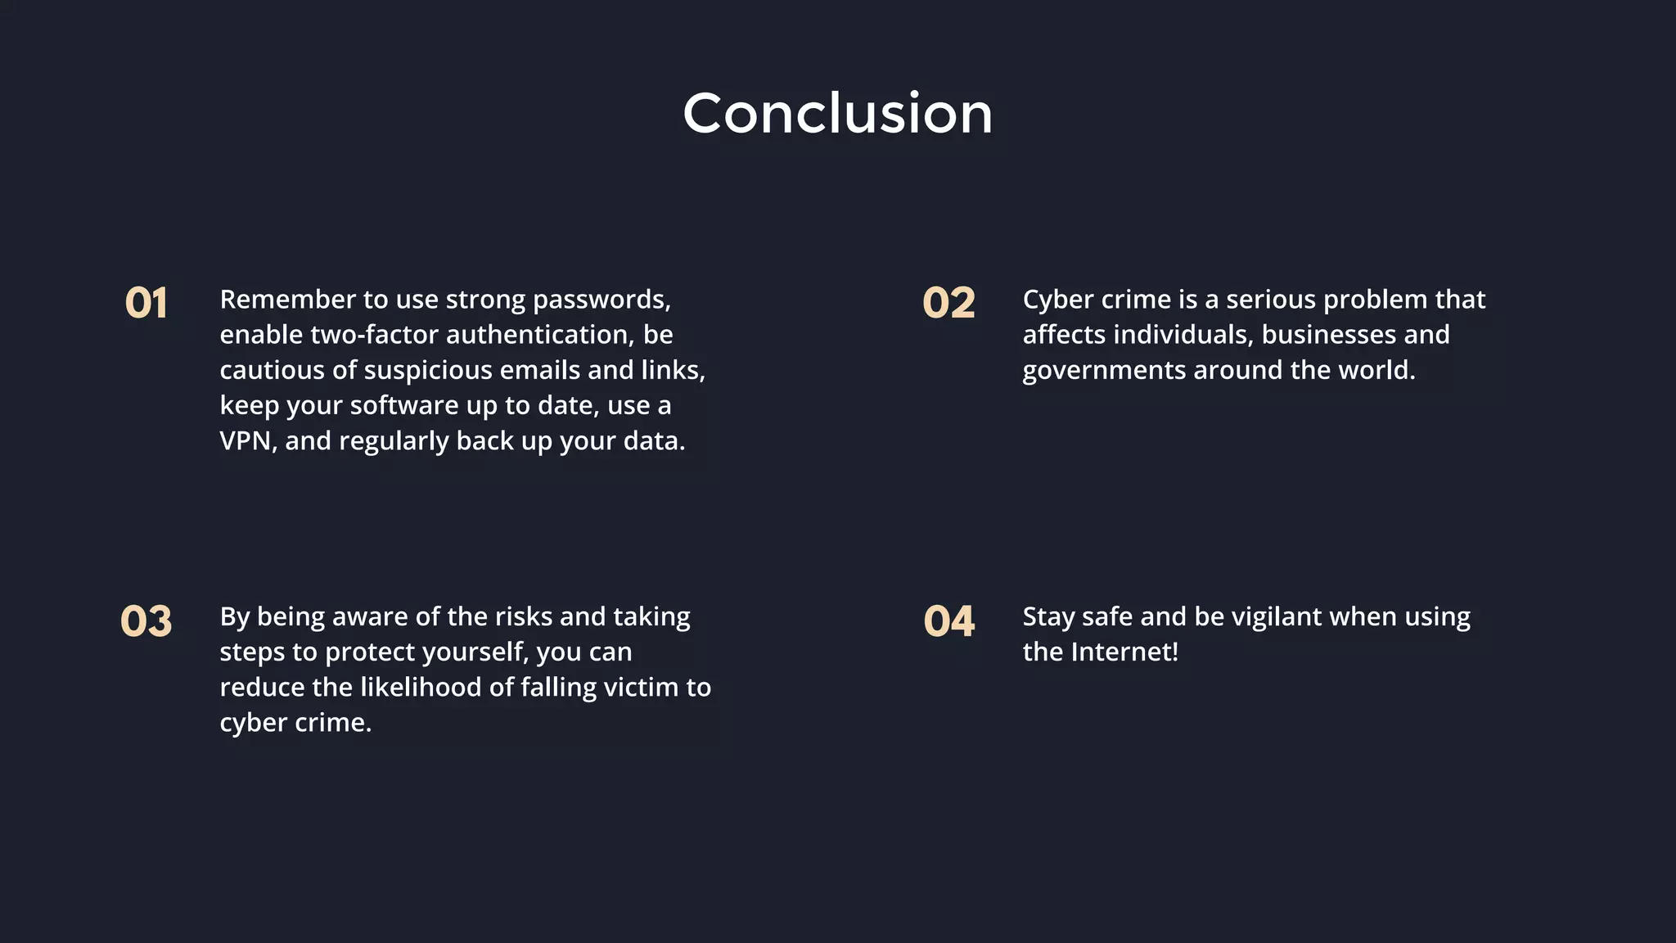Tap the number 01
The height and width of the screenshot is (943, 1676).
(146, 303)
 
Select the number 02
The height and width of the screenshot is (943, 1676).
(948, 303)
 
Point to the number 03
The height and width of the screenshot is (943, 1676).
(146, 620)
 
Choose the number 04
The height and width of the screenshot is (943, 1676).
(948, 620)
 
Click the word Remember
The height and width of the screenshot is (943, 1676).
(276, 300)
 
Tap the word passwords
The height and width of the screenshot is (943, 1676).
(601, 300)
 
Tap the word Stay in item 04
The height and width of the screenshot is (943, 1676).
(1048, 617)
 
